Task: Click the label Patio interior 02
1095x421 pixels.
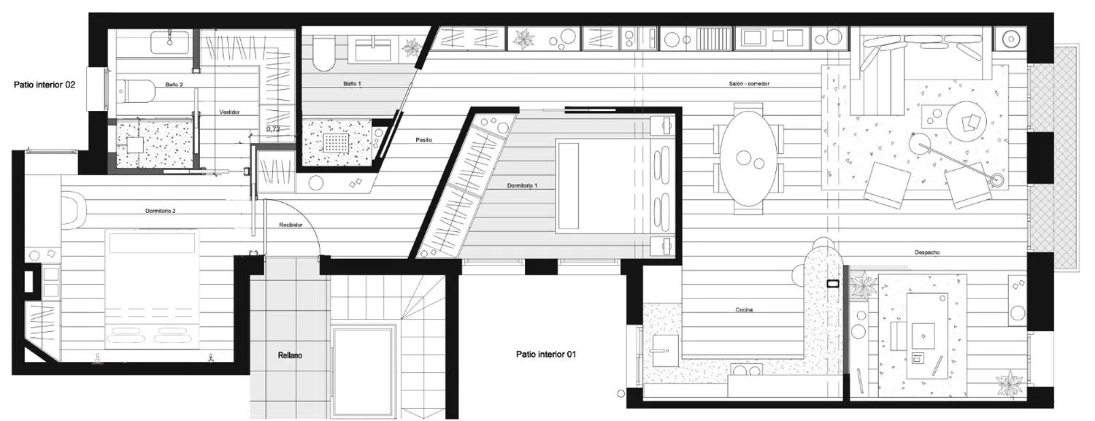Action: (x=45, y=85)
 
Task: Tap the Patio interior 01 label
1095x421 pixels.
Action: (x=545, y=354)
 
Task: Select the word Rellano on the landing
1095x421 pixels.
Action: (x=290, y=355)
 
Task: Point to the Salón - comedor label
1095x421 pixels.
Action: (x=749, y=84)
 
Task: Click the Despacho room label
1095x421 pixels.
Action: (x=927, y=252)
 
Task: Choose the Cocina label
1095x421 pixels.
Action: (x=744, y=309)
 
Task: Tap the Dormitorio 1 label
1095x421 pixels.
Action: (x=522, y=185)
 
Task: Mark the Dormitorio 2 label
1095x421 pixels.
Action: (x=161, y=211)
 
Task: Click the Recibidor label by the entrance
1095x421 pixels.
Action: (x=291, y=225)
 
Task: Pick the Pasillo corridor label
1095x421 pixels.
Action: (x=424, y=140)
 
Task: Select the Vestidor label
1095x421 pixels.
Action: (x=229, y=112)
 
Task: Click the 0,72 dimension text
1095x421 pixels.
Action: (x=273, y=129)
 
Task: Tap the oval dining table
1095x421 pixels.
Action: (x=748, y=158)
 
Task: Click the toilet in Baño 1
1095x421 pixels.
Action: (x=323, y=53)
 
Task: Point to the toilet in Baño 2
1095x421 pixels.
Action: (x=137, y=91)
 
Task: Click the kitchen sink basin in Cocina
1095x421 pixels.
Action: (x=665, y=349)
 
